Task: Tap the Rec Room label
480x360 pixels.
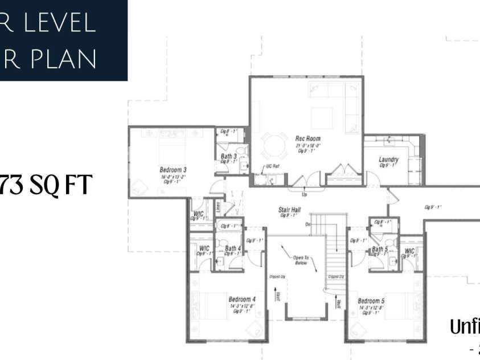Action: tap(307, 138)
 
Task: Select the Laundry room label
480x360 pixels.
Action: tap(388, 159)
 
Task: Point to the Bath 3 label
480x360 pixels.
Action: tap(229, 156)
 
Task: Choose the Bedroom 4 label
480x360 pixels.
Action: tap(242, 300)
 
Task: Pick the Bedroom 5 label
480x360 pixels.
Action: tap(371, 301)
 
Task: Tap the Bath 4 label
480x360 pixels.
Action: tap(233, 248)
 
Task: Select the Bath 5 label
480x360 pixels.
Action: tap(380, 249)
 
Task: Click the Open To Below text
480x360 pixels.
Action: tap(301, 260)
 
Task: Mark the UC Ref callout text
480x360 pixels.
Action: tap(272, 166)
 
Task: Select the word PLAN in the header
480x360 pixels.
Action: tap(64, 59)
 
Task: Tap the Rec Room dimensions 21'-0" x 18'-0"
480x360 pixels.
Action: tap(307, 145)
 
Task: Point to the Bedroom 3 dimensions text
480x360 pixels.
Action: tap(173, 177)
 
